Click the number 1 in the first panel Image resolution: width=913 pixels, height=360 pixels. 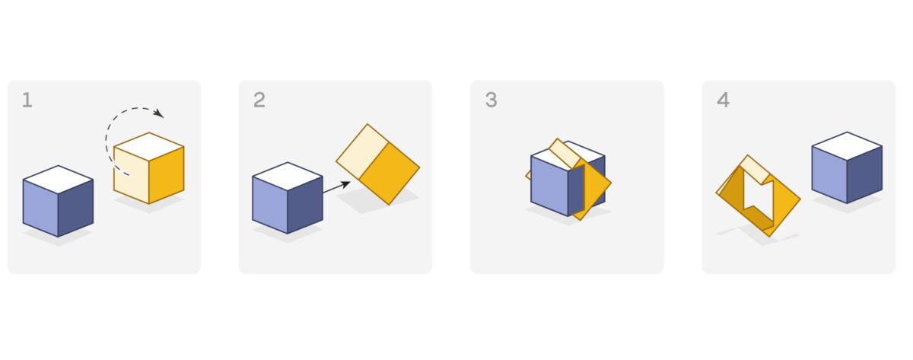27,100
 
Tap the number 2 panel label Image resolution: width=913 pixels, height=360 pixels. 259,100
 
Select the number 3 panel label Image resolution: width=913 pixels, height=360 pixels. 491,100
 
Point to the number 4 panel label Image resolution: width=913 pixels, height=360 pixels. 723,100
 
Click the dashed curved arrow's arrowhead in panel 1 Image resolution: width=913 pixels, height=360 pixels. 159,113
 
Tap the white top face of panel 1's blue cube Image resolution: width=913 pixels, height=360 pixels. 59,180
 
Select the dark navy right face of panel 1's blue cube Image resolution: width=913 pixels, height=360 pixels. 75,208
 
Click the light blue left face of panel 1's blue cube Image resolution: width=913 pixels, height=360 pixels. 40,208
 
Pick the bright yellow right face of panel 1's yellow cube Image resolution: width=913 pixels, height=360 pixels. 167,175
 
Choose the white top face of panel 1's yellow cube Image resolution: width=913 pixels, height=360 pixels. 149,146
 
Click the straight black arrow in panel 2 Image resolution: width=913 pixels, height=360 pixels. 336,187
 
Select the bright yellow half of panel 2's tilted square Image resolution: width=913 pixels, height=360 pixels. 390,174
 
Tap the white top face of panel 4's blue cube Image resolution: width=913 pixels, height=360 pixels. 847,146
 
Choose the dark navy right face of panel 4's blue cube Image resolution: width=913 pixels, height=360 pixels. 864,174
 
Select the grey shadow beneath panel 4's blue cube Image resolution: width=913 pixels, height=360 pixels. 847,204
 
